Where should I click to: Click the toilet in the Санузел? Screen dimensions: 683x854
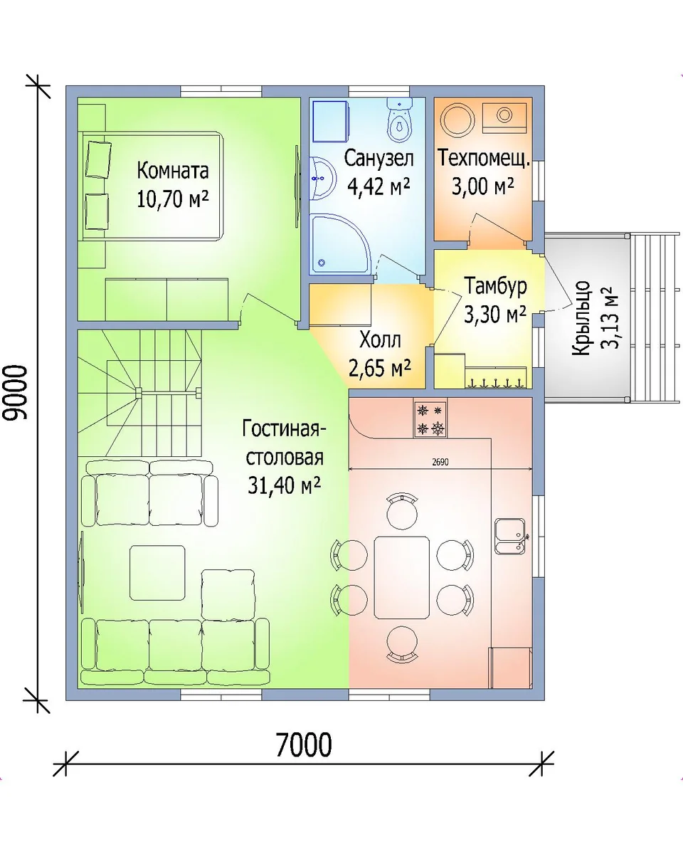400,120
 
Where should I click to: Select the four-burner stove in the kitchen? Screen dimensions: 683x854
430,419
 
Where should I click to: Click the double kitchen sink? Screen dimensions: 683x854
511,536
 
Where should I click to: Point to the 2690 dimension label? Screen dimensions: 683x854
440,463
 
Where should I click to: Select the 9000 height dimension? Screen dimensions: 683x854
18,392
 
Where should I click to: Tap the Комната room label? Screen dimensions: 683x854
173,171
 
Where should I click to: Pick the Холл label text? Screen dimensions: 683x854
380,340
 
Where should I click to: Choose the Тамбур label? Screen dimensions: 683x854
495,285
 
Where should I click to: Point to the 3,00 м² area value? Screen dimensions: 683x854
483,186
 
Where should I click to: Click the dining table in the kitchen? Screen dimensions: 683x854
402,578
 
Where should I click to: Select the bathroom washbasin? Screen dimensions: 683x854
323,178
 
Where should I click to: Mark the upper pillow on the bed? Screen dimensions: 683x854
99,159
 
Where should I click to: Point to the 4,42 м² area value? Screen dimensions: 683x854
379,186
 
